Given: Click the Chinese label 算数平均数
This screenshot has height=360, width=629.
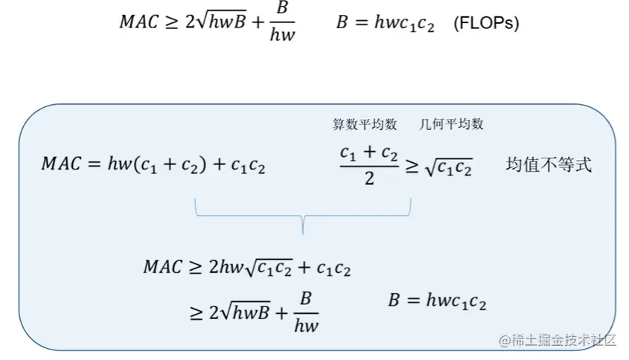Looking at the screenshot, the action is pos(360,124).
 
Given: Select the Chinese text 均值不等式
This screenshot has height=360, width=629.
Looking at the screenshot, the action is pos(549,165).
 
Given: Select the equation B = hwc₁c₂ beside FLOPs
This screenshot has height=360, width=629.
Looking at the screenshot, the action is pos(385,23).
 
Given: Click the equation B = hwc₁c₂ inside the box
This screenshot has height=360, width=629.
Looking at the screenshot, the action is pos(437,301).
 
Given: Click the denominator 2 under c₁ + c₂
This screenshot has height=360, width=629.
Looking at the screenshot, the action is pos(369,179).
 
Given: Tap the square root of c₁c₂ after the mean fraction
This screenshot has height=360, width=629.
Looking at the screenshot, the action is pos(449,167).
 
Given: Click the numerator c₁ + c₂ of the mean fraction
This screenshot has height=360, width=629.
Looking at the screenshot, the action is pos(368,153).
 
